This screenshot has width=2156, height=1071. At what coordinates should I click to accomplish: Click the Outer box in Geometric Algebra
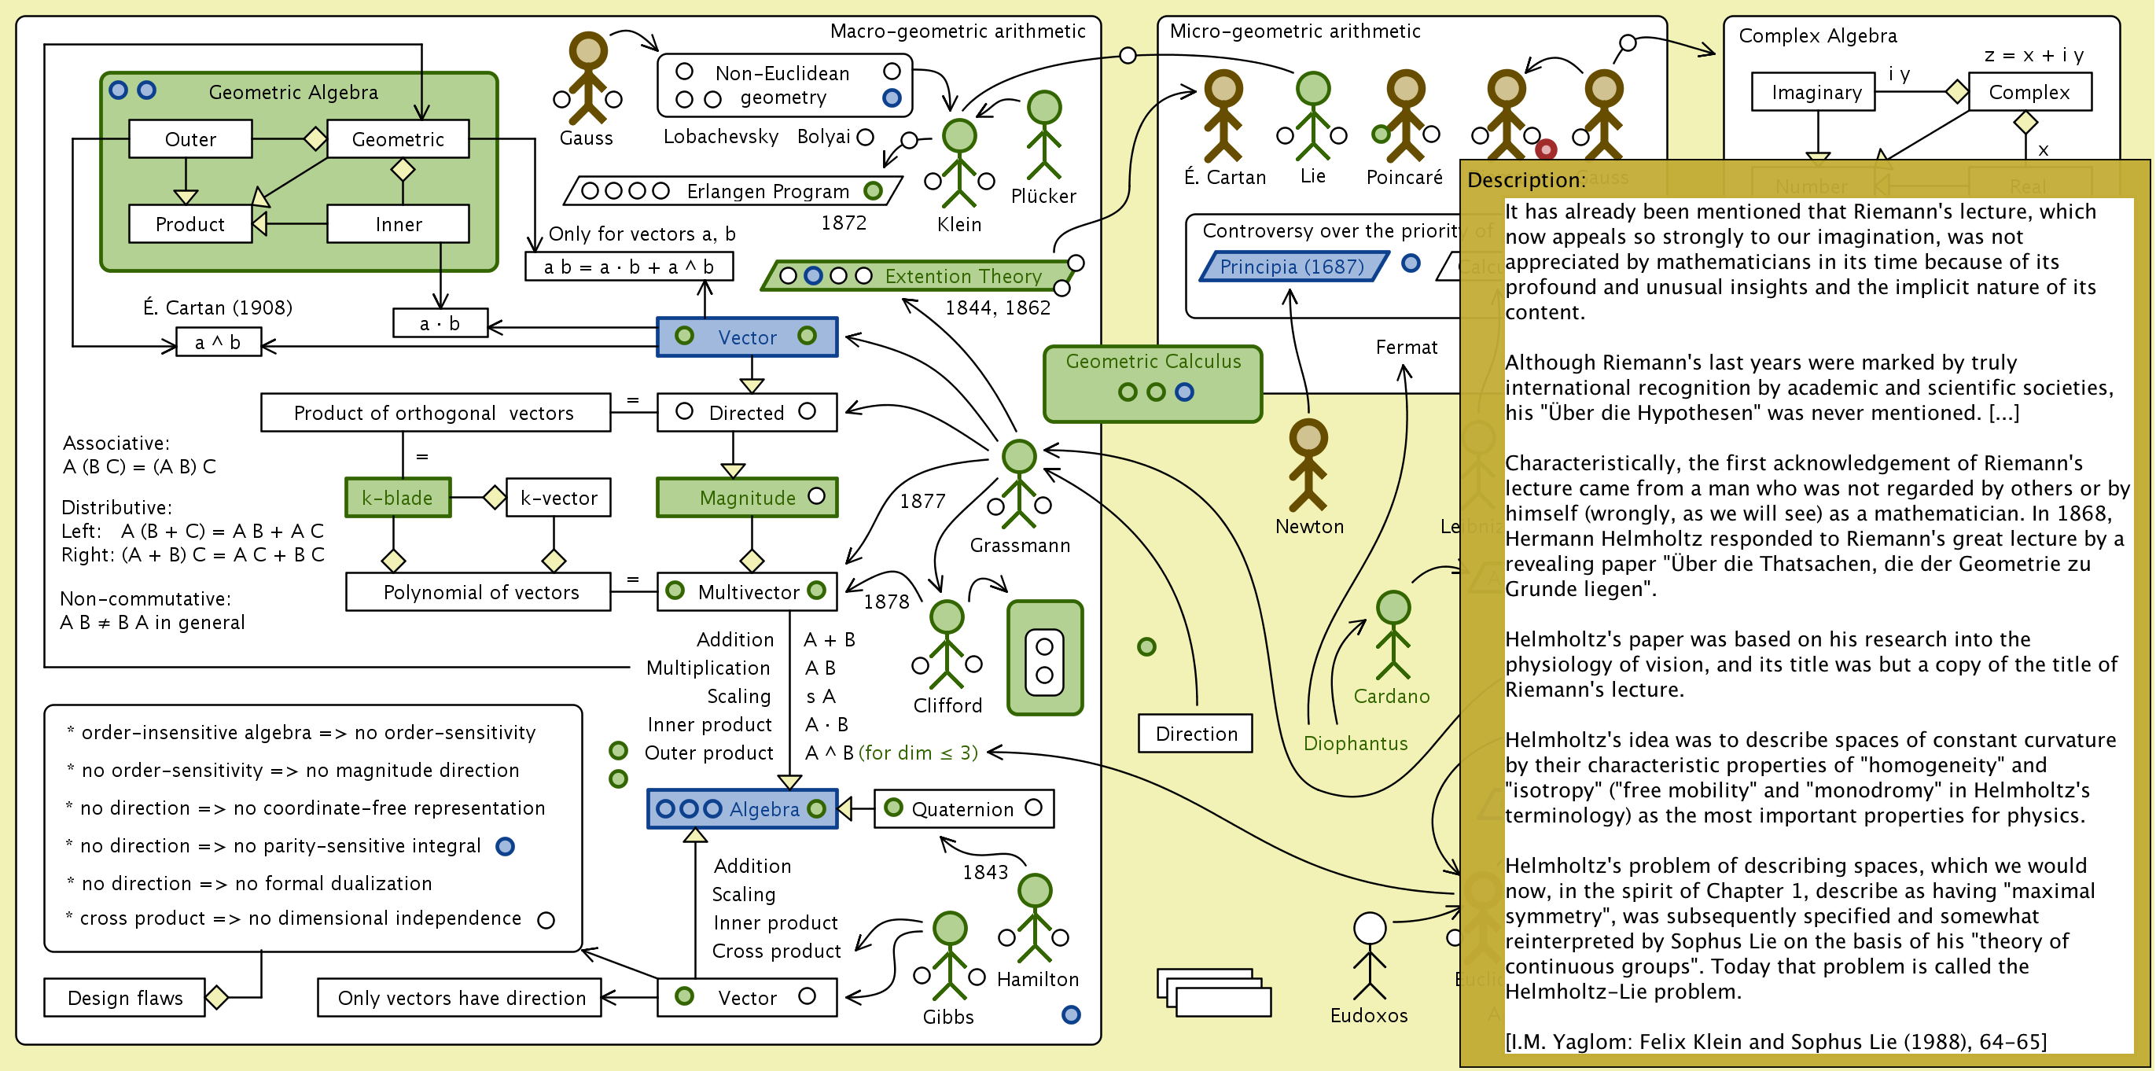[x=190, y=139]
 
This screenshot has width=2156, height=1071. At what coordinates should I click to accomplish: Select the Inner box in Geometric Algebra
[x=398, y=224]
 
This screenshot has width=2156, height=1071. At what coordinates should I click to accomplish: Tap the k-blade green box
[x=398, y=498]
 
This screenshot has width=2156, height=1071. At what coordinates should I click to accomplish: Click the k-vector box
[x=558, y=498]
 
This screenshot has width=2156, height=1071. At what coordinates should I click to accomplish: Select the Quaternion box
[x=962, y=809]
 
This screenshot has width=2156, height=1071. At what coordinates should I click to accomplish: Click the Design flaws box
[x=125, y=997]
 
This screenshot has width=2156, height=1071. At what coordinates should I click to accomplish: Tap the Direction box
[x=1196, y=734]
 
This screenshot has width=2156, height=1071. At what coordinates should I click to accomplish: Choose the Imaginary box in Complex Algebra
[x=1815, y=92]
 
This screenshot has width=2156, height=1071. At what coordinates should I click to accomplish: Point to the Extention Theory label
[x=962, y=276]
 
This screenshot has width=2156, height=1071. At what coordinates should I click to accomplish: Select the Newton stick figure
[x=1308, y=466]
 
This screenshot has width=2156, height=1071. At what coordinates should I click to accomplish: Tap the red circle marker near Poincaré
[x=1546, y=149]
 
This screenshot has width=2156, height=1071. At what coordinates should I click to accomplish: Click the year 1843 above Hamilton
[x=985, y=872]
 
